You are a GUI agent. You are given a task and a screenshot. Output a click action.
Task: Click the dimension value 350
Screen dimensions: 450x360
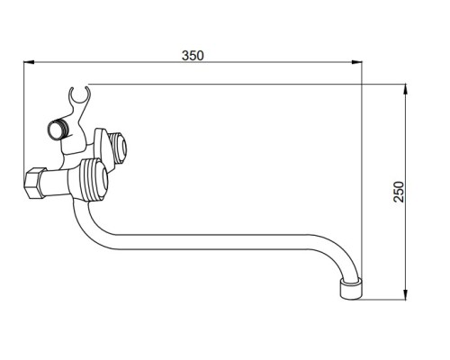pyautogui.click(x=193, y=56)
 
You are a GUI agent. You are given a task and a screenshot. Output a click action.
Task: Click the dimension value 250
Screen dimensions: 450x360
pyautogui.click(x=399, y=192)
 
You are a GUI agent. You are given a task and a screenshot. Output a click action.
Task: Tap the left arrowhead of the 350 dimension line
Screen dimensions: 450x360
pyautogui.click(x=29, y=62)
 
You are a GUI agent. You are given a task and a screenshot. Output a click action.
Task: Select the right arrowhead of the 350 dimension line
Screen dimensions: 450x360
pyautogui.click(x=356, y=62)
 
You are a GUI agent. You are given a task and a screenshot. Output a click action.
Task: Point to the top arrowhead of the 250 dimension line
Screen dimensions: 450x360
pyautogui.click(x=405, y=90)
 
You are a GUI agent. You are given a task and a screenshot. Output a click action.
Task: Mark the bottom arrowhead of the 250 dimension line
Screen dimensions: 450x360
pyautogui.click(x=405, y=294)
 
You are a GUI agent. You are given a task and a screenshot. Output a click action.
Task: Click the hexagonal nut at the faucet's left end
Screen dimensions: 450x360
pyautogui.click(x=34, y=183)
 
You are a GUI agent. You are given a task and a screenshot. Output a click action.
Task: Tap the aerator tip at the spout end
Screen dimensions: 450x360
pyautogui.click(x=351, y=289)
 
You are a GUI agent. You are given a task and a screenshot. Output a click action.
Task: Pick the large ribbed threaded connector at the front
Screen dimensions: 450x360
pyautogui.click(x=94, y=180)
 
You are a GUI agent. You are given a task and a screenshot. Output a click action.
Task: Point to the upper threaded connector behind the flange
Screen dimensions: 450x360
pyautogui.click(x=118, y=148)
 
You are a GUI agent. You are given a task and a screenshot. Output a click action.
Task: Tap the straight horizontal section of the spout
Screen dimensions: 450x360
pyautogui.click(x=210, y=242)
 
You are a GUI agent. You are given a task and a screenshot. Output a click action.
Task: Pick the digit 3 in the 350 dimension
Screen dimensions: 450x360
pyautogui.click(x=185, y=56)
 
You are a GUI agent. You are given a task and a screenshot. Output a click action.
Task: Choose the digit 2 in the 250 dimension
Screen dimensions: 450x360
pyautogui.click(x=399, y=199)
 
